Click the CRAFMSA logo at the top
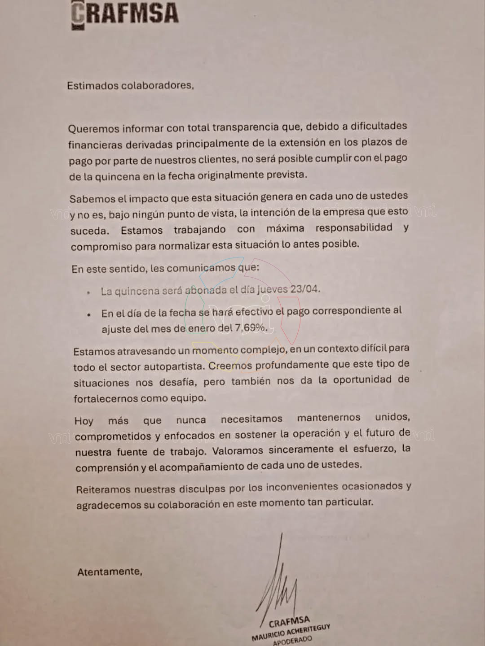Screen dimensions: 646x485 pos(125,13)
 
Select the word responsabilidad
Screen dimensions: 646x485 pos(354,227)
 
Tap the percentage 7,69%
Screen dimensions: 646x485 pos(251,327)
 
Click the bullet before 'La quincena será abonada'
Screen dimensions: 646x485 pos(89,292)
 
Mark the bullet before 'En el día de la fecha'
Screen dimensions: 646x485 pos(90,314)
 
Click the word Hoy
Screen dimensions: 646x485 pos(84,421)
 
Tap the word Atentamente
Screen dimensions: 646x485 pos(109,572)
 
